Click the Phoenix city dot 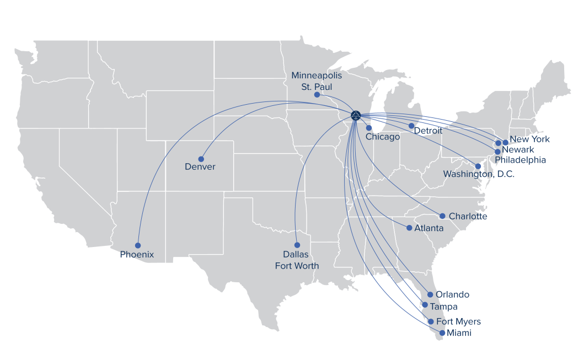[x=138, y=245]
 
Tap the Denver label [x=200, y=166]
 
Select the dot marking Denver [x=201, y=159]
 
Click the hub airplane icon [x=356, y=115]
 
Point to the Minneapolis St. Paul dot [x=317, y=95]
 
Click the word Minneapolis [x=317, y=75]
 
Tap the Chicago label [x=383, y=137]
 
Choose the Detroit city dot [x=411, y=126]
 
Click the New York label [x=529, y=139]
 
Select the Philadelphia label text [x=521, y=160]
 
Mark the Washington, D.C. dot [x=478, y=166]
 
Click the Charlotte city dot [x=442, y=216]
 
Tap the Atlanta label [x=429, y=228]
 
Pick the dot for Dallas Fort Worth [x=297, y=245]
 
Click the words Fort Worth [x=297, y=266]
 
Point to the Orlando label [x=452, y=294]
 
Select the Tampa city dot [x=425, y=305]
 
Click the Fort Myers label [x=458, y=321]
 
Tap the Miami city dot [x=442, y=333]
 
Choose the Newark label [x=518, y=149]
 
